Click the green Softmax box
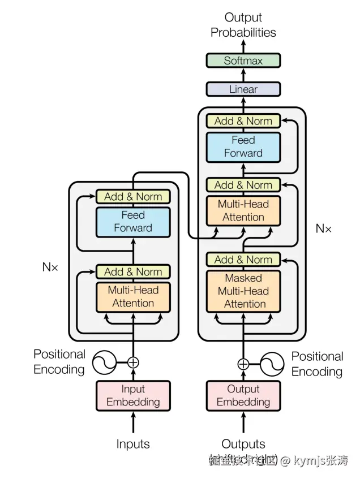click(x=243, y=61)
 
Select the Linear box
click(x=243, y=89)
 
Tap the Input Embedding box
click(x=133, y=396)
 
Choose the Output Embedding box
click(x=243, y=396)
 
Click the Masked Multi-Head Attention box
click(x=243, y=291)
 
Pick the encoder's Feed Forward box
click(x=133, y=222)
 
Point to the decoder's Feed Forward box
click(x=243, y=146)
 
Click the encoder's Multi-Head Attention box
click(x=133, y=297)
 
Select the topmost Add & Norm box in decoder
click(x=243, y=120)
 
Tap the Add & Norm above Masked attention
click(x=243, y=260)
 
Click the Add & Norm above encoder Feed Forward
click(x=133, y=197)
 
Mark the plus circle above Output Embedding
click(x=243, y=364)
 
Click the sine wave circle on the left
click(x=104, y=363)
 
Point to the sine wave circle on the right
click(x=271, y=364)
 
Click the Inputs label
click(x=133, y=444)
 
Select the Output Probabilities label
click(x=243, y=25)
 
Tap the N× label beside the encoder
click(x=50, y=267)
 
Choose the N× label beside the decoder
click(x=323, y=229)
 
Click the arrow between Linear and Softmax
click(x=243, y=75)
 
